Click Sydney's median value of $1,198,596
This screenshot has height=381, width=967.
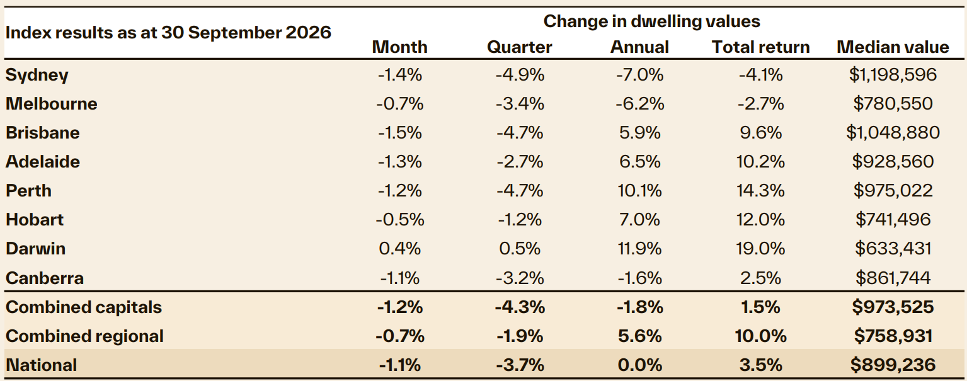click(x=893, y=75)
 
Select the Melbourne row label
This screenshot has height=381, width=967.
click(x=52, y=103)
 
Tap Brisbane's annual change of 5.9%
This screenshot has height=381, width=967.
click(x=640, y=132)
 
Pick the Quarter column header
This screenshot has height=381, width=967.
click(x=519, y=47)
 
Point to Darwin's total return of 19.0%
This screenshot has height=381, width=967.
click(x=760, y=249)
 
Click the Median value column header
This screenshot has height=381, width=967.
click(x=893, y=47)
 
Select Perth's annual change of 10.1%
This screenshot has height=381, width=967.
click(x=640, y=191)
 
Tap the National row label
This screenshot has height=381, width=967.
click(x=42, y=365)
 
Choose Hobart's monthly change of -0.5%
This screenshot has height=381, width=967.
click(x=400, y=220)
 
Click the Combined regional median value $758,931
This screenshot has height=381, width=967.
click(x=893, y=336)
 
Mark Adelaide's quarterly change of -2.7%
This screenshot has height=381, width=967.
click(x=520, y=162)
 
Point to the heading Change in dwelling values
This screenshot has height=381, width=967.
click(x=652, y=21)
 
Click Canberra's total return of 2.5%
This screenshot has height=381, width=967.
click(x=760, y=278)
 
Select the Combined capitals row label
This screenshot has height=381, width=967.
click(x=84, y=307)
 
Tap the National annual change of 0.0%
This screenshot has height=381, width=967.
click(x=640, y=365)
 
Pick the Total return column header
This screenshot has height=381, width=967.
click(x=760, y=47)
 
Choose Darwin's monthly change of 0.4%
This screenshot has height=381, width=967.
click(x=400, y=249)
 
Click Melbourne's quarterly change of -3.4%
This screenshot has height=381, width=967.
click(x=520, y=103)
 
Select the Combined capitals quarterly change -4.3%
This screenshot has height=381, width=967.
click(x=520, y=307)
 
